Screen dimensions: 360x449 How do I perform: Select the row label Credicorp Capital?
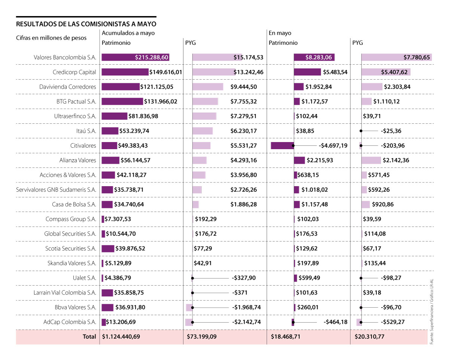click(x=74, y=72)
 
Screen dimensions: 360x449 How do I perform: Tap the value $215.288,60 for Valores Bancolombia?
click(x=152, y=58)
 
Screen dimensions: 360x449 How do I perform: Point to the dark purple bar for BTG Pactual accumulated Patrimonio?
click(x=122, y=101)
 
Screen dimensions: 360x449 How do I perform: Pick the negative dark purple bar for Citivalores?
click(x=282, y=145)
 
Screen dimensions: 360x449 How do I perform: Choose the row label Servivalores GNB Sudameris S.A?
click(x=56, y=190)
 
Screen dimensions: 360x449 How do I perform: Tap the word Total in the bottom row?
click(x=89, y=336)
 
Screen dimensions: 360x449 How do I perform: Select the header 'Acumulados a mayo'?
click(x=128, y=33)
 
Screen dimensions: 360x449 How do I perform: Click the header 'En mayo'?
click(x=280, y=33)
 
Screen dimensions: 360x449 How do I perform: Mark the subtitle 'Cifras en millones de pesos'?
click(x=51, y=38)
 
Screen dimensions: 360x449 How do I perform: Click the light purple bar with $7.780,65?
click(x=396, y=58)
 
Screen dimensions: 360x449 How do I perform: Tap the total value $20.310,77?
click(x=370, y=336)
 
